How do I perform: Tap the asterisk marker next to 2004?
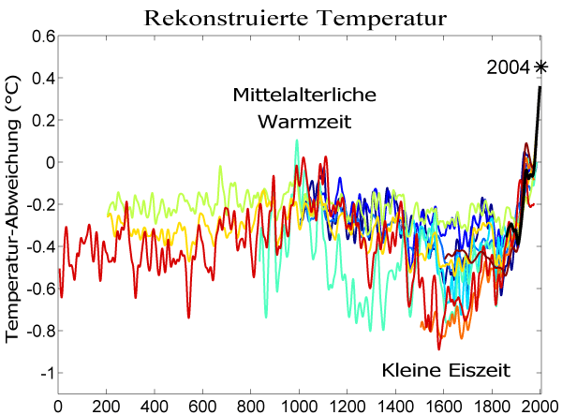click(x=540, y=66)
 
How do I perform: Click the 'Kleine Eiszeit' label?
click(x=446, y=370)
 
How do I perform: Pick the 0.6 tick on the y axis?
click(x=39, y=37)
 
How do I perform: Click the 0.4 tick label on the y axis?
click(x=39, y=79)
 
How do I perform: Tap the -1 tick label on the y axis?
click(x=44, y=374)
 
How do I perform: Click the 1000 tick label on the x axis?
click(x=299, y=406)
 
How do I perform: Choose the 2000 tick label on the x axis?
click(x=540, y=406)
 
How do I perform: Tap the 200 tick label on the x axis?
click(x=106, y=406)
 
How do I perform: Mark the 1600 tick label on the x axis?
click(x=443, y=406)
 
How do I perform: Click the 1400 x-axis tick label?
click(x=395, y=406)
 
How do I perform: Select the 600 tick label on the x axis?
click(x=202, y=406)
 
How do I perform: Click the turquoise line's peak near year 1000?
click(x=297, y=141)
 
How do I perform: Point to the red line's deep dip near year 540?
click(x=188, y=317)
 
